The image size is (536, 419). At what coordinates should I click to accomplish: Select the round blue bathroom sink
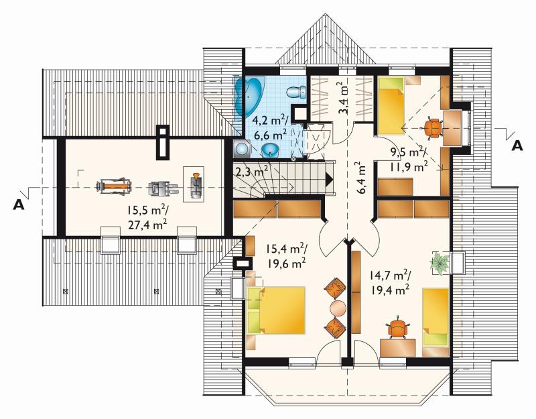coord(271,149)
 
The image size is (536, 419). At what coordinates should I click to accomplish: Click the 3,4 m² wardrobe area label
coord(345,98)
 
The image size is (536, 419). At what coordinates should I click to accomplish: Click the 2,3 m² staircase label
coord(251,171)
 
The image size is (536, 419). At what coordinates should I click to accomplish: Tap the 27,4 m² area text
coord(147,224)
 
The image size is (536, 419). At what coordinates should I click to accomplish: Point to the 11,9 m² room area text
coord(408,167)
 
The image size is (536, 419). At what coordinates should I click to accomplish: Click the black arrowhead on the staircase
coord(330,179)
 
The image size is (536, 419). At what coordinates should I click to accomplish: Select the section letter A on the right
coord(517,146)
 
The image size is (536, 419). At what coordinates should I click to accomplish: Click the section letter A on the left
coord(19,204)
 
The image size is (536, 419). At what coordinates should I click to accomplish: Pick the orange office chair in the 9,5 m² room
coord(433,127)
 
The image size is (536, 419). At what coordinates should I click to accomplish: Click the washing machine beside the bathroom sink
coord(243,149)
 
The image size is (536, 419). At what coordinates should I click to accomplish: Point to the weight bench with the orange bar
coord(114,187)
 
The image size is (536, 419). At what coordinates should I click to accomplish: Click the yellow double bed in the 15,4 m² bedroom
coord(275,310)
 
